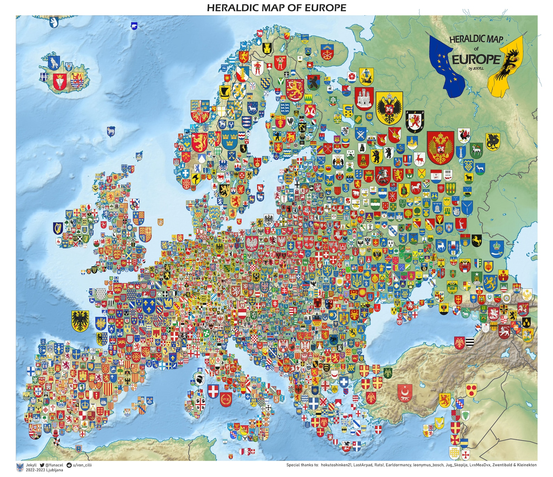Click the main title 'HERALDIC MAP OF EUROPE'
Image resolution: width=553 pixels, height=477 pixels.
pos(276,8)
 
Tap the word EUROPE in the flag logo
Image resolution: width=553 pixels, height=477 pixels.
pos(476,60)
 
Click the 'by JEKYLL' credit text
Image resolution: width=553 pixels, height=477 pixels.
pos(476,69)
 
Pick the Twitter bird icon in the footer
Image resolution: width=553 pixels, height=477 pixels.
pos(42,465)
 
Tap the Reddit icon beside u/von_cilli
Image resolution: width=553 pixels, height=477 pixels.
pos(69,465)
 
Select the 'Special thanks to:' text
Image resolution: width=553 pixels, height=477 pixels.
pos(302,465)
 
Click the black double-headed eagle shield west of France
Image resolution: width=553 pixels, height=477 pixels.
pos(80,320)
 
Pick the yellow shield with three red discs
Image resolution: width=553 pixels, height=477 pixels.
pos(471,390)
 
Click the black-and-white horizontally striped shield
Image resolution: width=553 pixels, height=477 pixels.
pos(469,342)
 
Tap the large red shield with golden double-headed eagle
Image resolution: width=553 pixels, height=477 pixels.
pos(440,147)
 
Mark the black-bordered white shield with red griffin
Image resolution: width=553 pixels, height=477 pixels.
pos(414,121)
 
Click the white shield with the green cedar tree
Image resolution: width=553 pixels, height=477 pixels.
pos(465,416)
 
